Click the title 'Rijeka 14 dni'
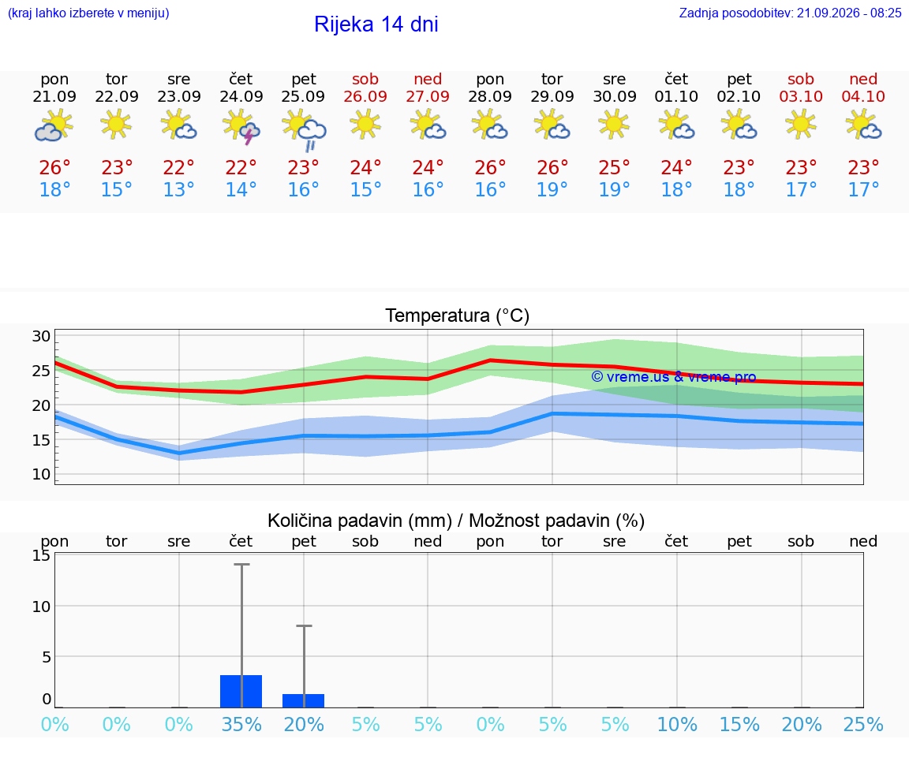point(376,24)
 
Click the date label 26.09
point(365,97)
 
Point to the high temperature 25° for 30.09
point(614,168)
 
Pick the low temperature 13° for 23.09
point(178,189)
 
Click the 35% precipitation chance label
point(241,724)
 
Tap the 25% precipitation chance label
point(863,724)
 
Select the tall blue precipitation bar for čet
point(241,692)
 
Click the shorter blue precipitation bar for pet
point(303,700)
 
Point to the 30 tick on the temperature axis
point(42,336)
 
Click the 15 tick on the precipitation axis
point(42,555)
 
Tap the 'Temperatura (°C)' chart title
point(458,315)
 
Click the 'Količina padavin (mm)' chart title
point(360,521)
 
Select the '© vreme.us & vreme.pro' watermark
point(674,377)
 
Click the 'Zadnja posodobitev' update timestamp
point(791,13)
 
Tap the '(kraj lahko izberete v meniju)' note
point(88,13)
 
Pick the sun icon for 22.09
point(116,125)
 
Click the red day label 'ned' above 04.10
point(863,80)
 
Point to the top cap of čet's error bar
point(241,564)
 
